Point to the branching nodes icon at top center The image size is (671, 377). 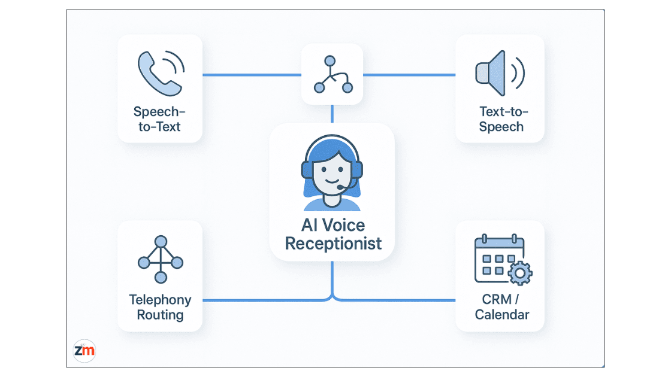point(333,75)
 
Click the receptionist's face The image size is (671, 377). point(332,172)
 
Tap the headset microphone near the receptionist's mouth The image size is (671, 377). point(340,187)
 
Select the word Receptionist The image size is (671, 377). point(333,244)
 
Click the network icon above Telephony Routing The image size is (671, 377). point(160,260)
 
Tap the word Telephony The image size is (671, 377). point(160,300)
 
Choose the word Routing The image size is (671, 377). point(160,315)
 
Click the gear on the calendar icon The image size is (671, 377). point(519,274)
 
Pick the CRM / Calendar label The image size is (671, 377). point(501,307)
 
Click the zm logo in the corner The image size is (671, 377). point(84,351)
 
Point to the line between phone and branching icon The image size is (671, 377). point(252,75)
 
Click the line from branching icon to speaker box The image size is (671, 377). point(409,75)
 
